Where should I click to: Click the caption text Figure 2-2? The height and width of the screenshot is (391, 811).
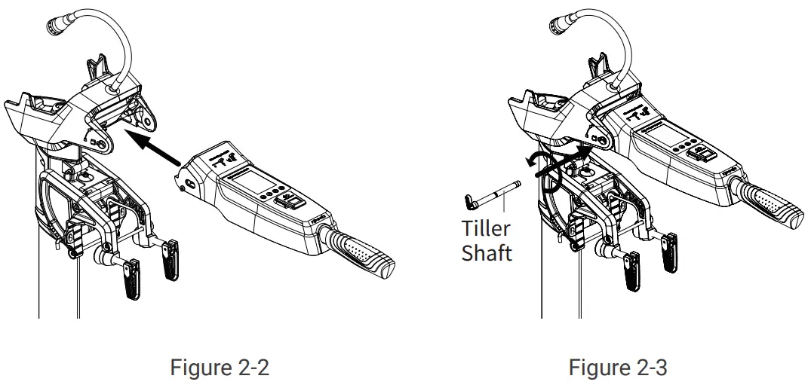219,368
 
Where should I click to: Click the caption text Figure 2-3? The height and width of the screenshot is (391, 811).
617,368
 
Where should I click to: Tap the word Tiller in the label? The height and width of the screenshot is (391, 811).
486,229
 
